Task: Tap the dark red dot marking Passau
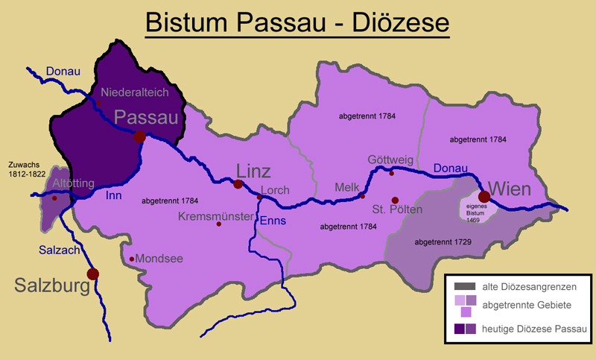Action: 139,136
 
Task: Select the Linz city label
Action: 253,169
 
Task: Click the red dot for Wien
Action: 484,196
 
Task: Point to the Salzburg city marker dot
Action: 92,274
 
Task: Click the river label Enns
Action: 273,221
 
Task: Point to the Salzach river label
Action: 59,251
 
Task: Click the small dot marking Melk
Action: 362,196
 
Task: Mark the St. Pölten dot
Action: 395,200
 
